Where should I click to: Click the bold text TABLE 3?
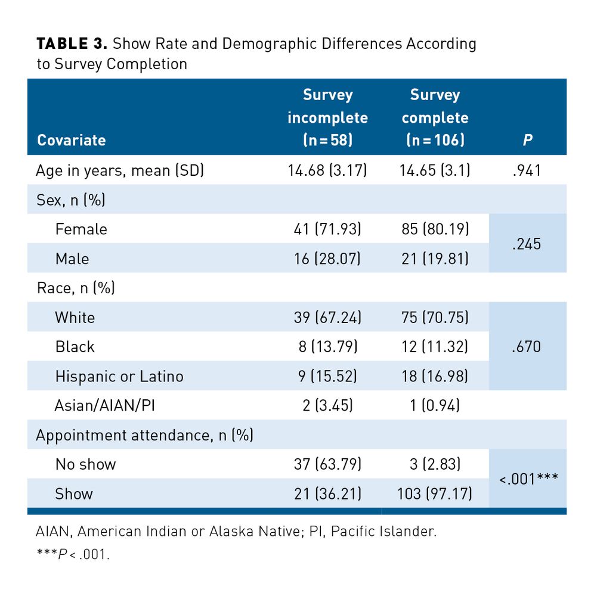point(72,44)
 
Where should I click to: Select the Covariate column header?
point(71,140)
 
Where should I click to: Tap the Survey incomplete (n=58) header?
point(327,117)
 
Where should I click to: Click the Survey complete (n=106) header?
point(435,117)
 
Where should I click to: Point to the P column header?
point(527,140)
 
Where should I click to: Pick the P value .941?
point(527,171)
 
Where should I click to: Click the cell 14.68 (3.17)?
point(327,171)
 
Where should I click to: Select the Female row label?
point(81,229)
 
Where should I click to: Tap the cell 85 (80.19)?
point(435,229)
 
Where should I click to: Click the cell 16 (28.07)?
point(327,259)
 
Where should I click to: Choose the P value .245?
point(527,244)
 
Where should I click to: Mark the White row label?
point(75,317)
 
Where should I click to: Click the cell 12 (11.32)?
point(435,346)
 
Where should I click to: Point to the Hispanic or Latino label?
point(119,376)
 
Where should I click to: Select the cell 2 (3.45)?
point(327,405)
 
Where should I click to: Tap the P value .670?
point(527,346)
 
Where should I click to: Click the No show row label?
point(85,464)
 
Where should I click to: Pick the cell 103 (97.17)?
point(435,493)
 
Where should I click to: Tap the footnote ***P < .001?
point(73,554)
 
